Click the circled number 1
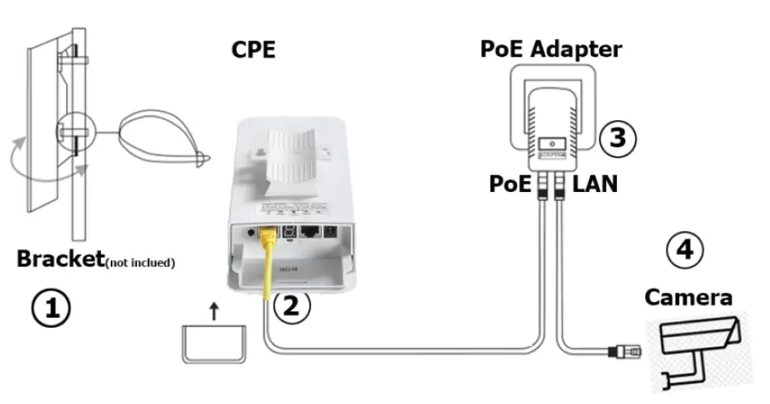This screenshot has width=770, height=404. pyautogui.click(x=51, y=309)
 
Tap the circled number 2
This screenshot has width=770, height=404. pyautogui.click(x=290, y=305)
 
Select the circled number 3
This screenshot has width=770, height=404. pyautogui.click(x=617, y=138)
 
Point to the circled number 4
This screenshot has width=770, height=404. pyautogui.click(x=685, y=250)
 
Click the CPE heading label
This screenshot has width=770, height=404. pyautogui.click(x=252, y=50)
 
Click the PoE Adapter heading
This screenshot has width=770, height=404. pyautogui.click(x=551, y=49)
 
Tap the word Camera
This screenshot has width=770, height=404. pyautogui.click(x=688, y=297)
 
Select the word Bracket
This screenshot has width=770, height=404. pyautogui.click(x=57, y=258)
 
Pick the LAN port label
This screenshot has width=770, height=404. pyautogui.click(x=595, y=183)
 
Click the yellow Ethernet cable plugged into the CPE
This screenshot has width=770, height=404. pyautogui.click(x=269, y=265)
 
